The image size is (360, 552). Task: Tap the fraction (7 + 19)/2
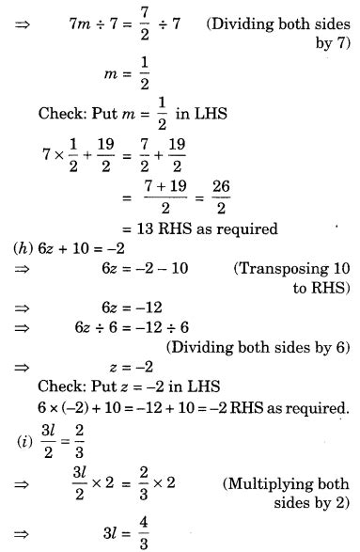click(154, 200)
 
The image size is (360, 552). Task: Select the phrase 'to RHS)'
click(319, 288)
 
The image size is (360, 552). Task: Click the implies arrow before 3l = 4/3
click(20, 528)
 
